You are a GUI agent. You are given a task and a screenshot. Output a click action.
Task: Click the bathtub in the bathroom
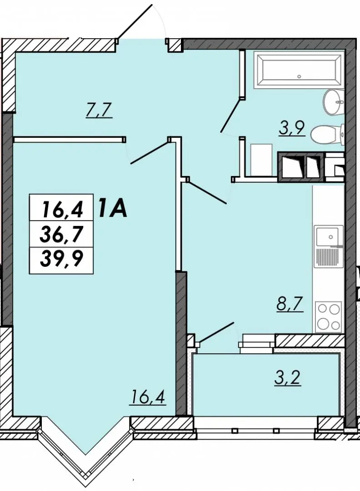tap(299, 70)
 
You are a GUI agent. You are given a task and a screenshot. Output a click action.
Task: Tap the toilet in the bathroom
tap(328, 134)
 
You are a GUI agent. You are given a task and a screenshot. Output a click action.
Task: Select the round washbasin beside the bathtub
tap(334, 101)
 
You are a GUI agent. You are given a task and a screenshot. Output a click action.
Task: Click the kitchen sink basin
tap(327, 237)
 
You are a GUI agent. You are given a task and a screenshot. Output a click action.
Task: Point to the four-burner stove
tap(328, 316)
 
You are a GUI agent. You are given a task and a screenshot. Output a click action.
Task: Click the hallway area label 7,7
tap(99, 110)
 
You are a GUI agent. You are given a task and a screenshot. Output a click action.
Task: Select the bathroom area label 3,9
tap(292, 128)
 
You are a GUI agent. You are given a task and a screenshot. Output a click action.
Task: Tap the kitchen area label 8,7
tap(290, 304)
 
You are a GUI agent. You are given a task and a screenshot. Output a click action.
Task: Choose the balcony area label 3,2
tap(288, 378)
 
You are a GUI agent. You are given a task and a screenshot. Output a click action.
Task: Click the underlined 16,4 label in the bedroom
tap(149, 398)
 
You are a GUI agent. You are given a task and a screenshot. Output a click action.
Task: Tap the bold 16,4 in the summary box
tap(63, 209)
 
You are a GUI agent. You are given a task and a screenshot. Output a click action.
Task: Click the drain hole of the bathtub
tap(299, 76)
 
